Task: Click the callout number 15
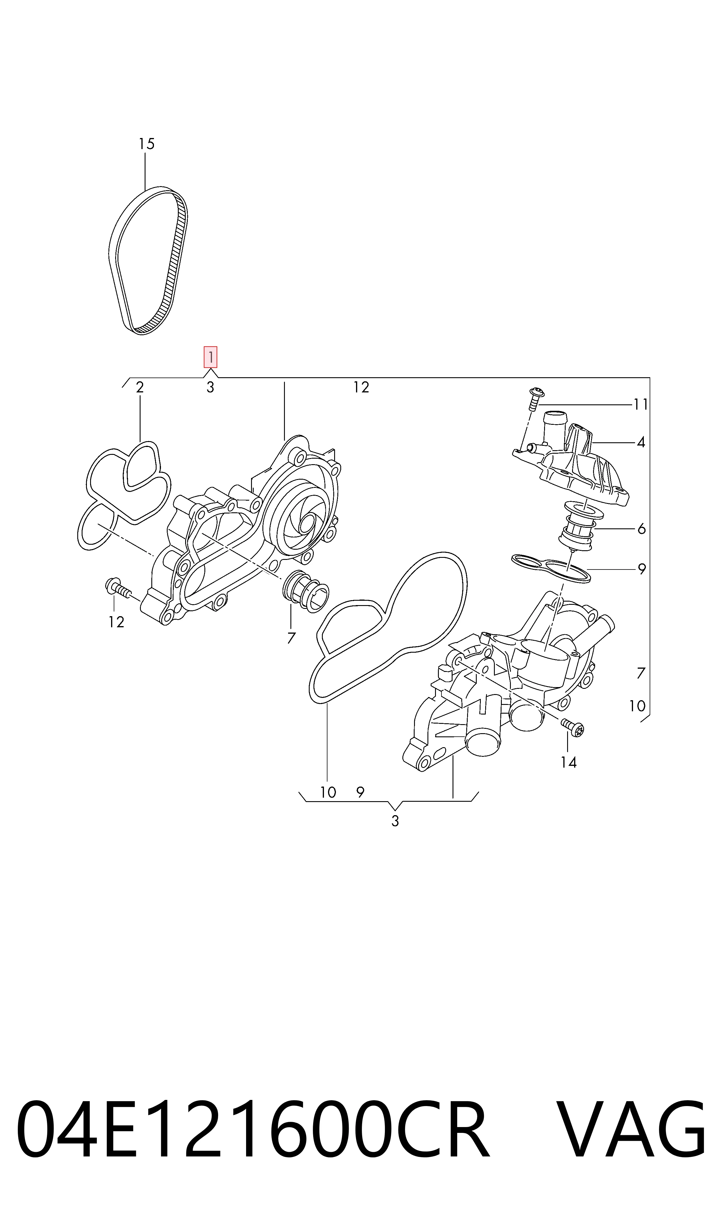coord(146,144)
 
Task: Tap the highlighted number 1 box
coord(210,357)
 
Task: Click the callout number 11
coord(641,405)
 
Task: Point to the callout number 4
coord(641,442)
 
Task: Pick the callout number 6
coord(641,529)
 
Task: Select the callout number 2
coord(140,387)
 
